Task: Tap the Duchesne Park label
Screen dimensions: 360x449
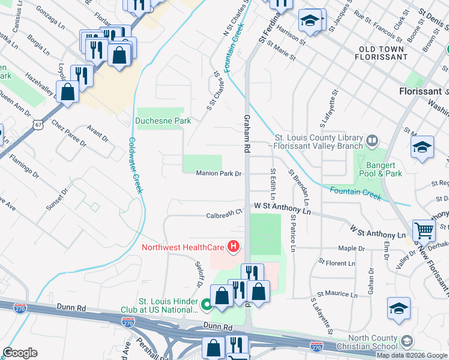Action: (x=163, y=121)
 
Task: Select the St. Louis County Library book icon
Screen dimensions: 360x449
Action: (x=372, y=141)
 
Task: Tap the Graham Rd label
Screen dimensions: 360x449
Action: (x=247, y=130)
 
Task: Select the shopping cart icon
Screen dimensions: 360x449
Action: (x=424, y=230)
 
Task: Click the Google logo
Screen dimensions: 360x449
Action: (x=20, y=353)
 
